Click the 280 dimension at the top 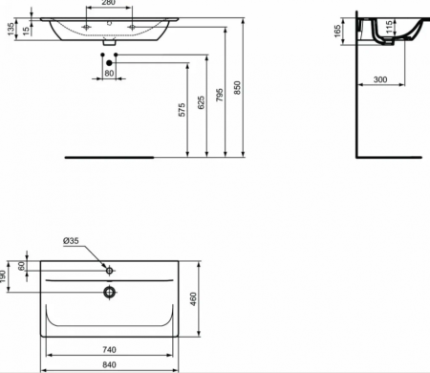[x=110, y=4]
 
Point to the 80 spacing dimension [x=109, y=74]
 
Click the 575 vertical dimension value [x=181, y=111]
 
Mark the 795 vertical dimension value [x=221, y=92]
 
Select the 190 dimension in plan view [x=5, y=276]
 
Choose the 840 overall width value [x=110, y=365]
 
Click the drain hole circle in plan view [x=110, y=291]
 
